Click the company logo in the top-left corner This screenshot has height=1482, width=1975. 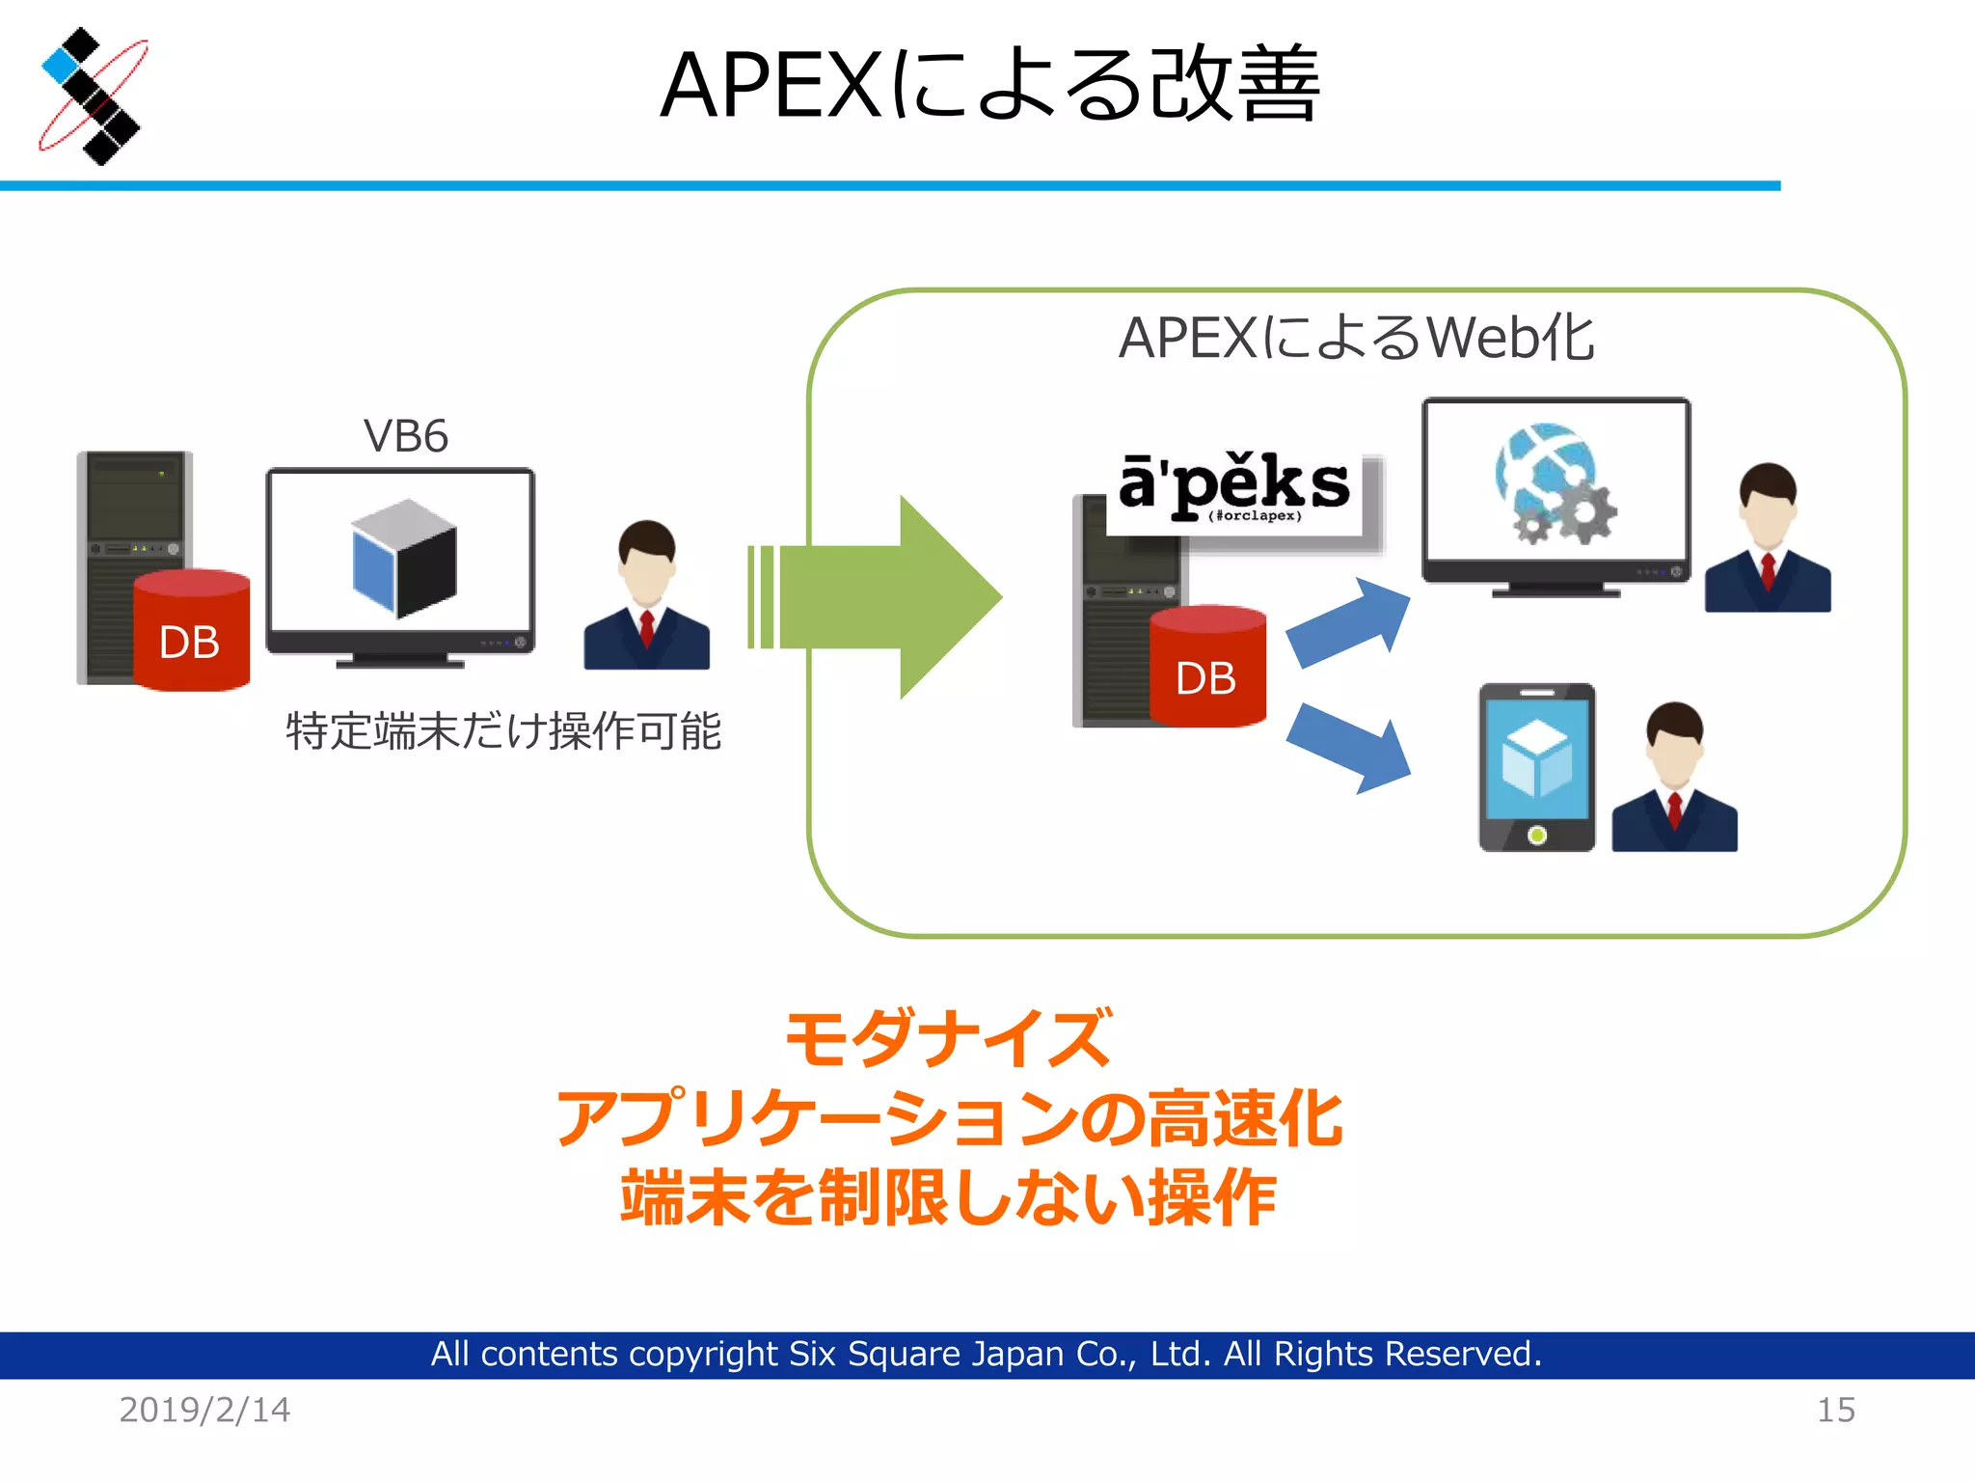[92, 96]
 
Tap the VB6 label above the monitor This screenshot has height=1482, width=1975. [405, 436]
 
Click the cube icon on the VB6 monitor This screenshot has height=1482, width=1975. [403, 559]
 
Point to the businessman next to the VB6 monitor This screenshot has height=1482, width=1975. [646, 598]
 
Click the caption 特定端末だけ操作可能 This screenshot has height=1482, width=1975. [503, 730]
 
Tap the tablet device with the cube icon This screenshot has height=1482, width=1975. [1536, 768]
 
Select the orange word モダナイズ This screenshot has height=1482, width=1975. [948, 1038]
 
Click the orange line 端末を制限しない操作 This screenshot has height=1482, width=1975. [948, 1197]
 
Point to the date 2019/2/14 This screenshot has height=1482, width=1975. [204, 1410]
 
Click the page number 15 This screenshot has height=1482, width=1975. [1835, 1410]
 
